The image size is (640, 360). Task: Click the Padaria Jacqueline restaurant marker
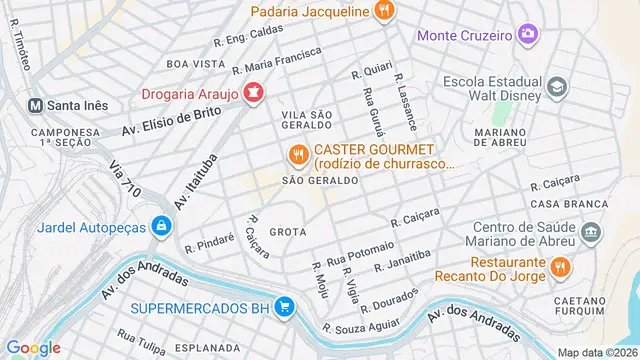(x=385, y=11)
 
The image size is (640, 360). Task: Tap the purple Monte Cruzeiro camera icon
(x=528, y=35)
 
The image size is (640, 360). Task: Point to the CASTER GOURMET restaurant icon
(x=297, y=155)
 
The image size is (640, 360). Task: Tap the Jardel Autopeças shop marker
(x=160, y=227)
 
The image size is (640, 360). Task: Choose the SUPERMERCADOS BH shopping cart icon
(x=285, y=306)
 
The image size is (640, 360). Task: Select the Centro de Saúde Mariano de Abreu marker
(x=591, y=233)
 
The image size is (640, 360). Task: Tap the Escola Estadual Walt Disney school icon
(x=558, y=89)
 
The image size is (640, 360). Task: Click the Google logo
(x=34, y=347)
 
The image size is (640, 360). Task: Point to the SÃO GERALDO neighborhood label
(x=320, y=180)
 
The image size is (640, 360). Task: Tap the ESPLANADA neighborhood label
(x=205, y=350)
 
